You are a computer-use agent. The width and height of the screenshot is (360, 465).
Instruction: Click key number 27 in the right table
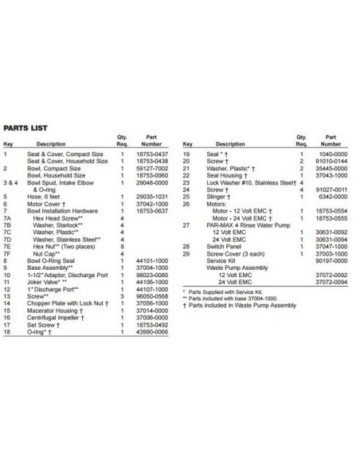187,224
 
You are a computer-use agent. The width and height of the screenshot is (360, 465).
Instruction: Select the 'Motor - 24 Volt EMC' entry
243,217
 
